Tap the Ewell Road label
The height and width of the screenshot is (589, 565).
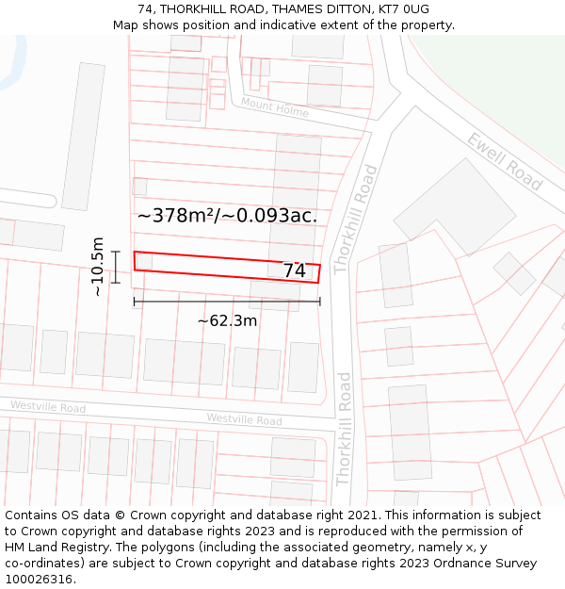(x=505, y=161)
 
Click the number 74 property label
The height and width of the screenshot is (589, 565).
(x=295, y=270)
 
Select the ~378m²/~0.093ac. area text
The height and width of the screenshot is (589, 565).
(x=227, y=216)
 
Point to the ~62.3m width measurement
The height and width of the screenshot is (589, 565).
(x=227, y=320)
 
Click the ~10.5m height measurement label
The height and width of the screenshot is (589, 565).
(x=98, y=267)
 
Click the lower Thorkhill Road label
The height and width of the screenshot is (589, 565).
(x=344, y=429)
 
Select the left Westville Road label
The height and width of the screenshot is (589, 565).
(x=48, y=407)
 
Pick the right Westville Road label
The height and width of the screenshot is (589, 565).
(x=244, y=419)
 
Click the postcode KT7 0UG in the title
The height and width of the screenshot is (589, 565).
(x=404, y=9)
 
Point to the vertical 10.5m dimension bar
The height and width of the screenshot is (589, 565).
(x=116, y=267)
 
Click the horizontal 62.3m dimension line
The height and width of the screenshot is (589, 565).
(x=227, y=302)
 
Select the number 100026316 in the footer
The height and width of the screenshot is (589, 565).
(x=38, y=580)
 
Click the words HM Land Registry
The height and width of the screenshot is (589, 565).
(x=49, y=548)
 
